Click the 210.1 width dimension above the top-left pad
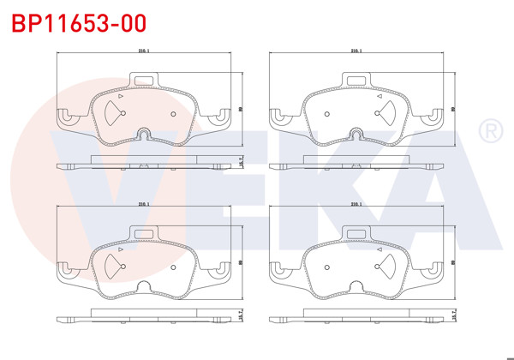pos(143,51)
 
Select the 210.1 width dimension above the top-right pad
pos(356,51)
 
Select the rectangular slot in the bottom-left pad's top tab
pos(143,234)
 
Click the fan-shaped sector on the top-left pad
pos(112,113)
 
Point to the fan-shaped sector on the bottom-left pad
pos(112,266)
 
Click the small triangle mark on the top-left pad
pos(122,97)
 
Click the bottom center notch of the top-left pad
pos(144,135)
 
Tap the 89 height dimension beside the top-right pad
pos(451,108)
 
